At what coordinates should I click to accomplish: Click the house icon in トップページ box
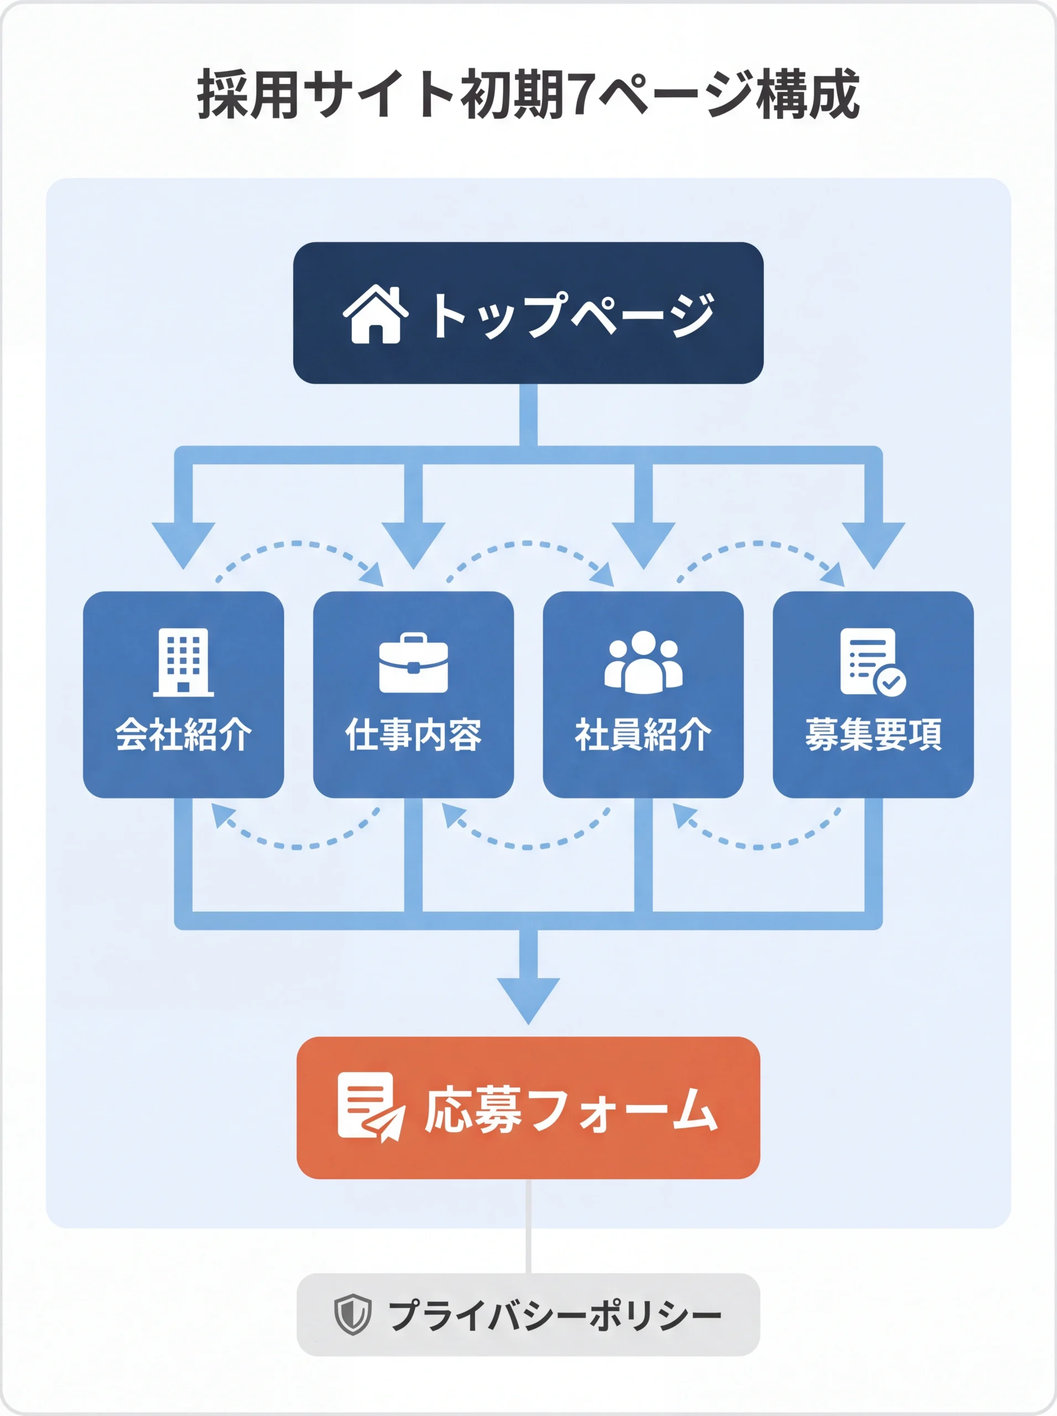pos(376,314)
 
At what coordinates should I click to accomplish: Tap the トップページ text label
pos(571,315)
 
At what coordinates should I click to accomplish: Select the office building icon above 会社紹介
pos(183,662)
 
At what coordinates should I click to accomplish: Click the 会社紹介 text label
pos(183,734)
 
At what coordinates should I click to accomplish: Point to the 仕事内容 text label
pos(413,734)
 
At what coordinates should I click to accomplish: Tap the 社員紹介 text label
pos(643,734)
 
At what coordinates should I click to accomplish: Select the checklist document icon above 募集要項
pos(872,662)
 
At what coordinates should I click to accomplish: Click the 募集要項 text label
pos(873,734)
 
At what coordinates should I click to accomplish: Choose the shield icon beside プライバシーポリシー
pos(352,1314)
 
